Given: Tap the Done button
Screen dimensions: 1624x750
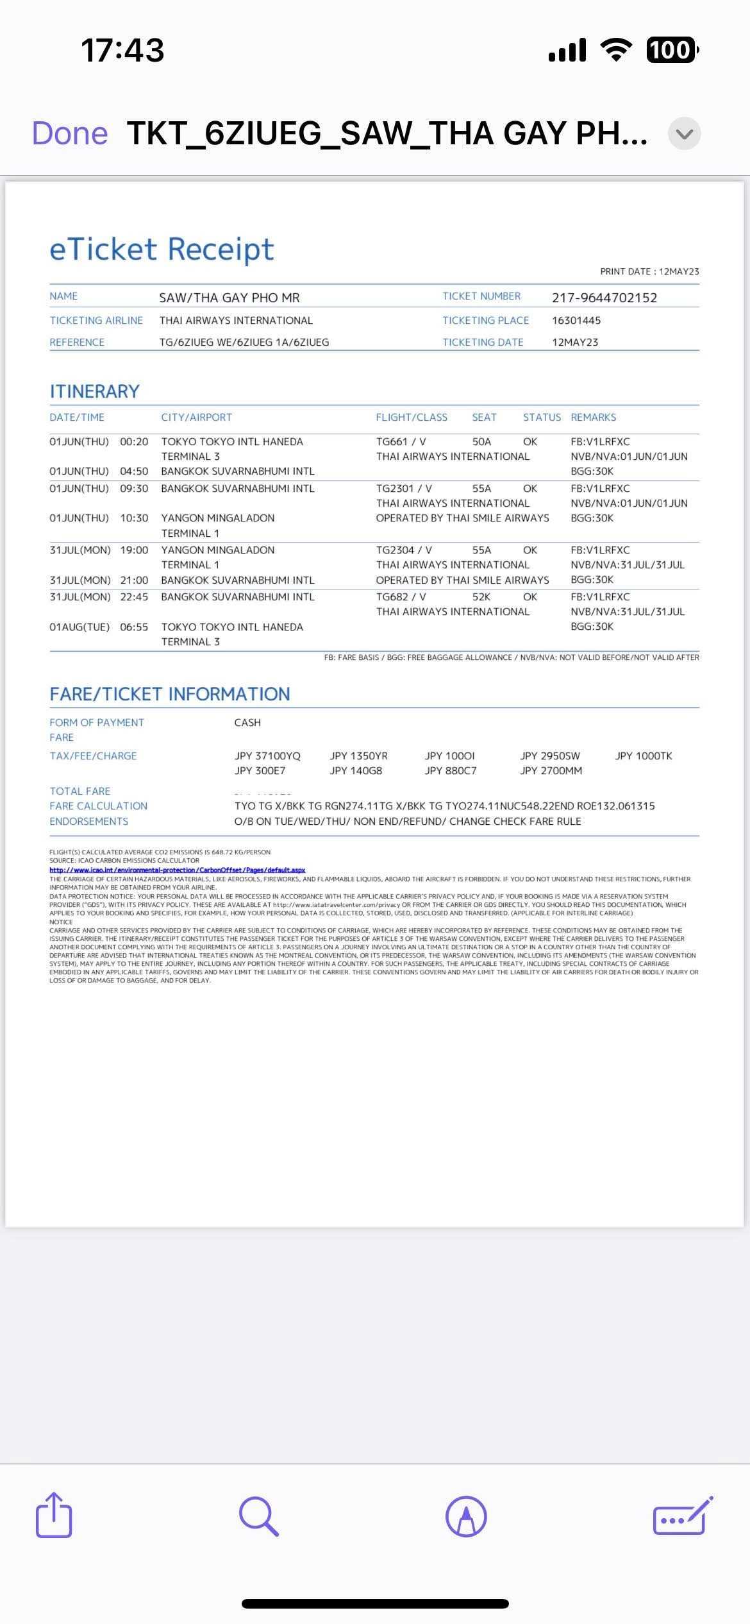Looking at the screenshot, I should coord(70,133).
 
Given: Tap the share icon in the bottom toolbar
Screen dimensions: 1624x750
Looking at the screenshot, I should coord(54,1516).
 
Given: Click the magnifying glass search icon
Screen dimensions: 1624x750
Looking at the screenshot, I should coord(259,1517).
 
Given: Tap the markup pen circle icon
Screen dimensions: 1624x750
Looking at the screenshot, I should coord(466,1516).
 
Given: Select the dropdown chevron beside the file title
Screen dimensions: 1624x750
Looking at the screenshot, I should coord(684,134).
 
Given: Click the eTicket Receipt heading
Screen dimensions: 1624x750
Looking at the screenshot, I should coord(162,249).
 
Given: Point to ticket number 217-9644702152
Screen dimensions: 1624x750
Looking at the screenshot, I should coord(604,298).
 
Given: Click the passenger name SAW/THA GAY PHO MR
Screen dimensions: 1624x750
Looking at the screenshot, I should coord(229,298).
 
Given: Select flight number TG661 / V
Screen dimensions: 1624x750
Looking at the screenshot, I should coord(401,442).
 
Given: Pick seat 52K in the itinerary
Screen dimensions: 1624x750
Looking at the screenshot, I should coord(481,597).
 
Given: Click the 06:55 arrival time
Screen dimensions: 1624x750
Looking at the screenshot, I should coord(134,627).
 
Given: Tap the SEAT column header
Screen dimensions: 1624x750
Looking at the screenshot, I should coord(484,418).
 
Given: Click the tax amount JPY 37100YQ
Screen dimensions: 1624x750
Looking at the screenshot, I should coord(267,756).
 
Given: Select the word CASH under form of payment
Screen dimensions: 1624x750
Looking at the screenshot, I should coord(247,723).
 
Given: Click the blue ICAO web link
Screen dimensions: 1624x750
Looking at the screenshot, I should coord(177,870).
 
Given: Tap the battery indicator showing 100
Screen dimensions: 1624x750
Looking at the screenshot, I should coord(671,50).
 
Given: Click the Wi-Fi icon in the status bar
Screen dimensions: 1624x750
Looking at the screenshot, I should coord(615,50).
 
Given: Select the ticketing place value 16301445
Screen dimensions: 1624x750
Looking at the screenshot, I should coord(576,321).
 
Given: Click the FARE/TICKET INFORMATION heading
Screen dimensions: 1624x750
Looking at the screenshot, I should coord(170,694).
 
